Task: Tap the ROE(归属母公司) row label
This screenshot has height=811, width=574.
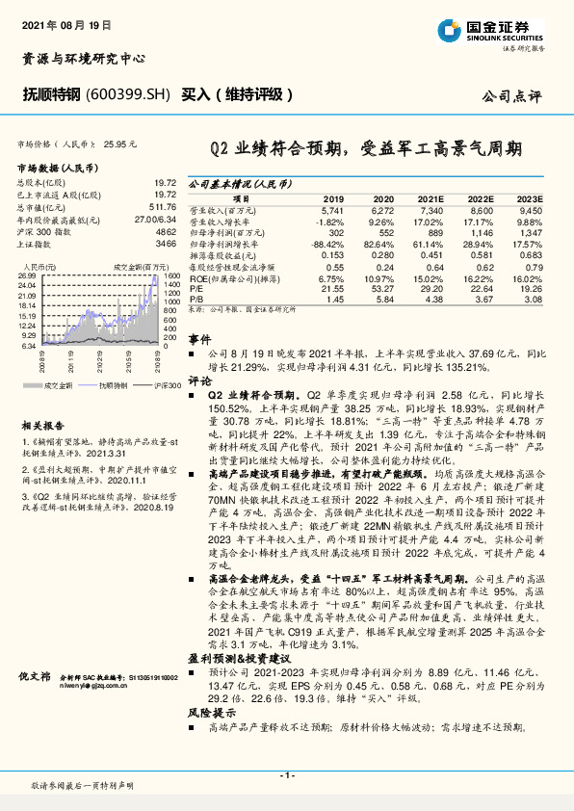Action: [x=230, y=277]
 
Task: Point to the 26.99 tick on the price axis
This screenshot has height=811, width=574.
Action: [x=27, y=275]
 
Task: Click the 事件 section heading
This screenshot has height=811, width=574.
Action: [x=199, y=339]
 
